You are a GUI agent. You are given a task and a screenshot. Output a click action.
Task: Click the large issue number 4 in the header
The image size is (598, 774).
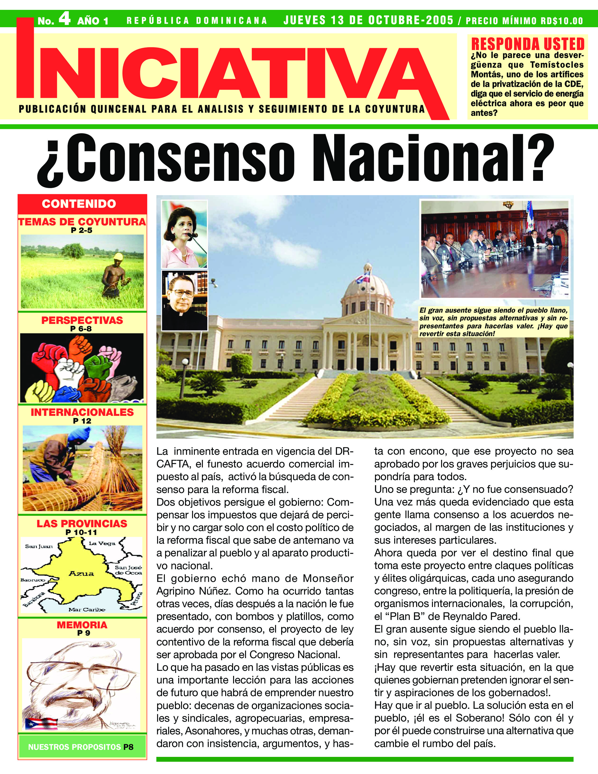click(64, 19)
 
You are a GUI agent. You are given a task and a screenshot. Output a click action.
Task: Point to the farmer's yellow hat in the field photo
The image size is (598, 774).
click(118, 256)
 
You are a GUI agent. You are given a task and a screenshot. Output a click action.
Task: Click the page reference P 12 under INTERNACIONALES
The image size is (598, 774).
click(82, 421)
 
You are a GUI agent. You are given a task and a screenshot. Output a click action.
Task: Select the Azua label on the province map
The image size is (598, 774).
click(81, 574)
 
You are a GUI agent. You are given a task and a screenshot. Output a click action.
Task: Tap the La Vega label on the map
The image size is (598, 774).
click(102, 543)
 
